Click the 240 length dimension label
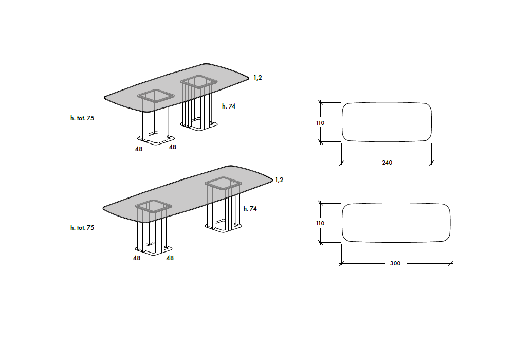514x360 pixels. point(387,163)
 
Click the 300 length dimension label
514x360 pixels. point(395,263)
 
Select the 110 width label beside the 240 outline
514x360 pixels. point(320,123)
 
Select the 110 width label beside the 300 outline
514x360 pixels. point(320,223)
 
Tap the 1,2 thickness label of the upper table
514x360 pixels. point(258,78)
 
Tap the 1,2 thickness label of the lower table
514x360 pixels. point(279,180)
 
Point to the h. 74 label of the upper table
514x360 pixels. point(229,106)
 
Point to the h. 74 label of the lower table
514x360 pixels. point(250,208)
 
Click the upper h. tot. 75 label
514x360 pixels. point(82,118)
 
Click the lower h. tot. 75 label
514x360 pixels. point(82,227)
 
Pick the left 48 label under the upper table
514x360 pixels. point(139,149)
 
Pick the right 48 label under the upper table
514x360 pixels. point(173,147)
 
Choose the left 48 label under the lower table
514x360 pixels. point(137,258)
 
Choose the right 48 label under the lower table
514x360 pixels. point(170,258)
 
